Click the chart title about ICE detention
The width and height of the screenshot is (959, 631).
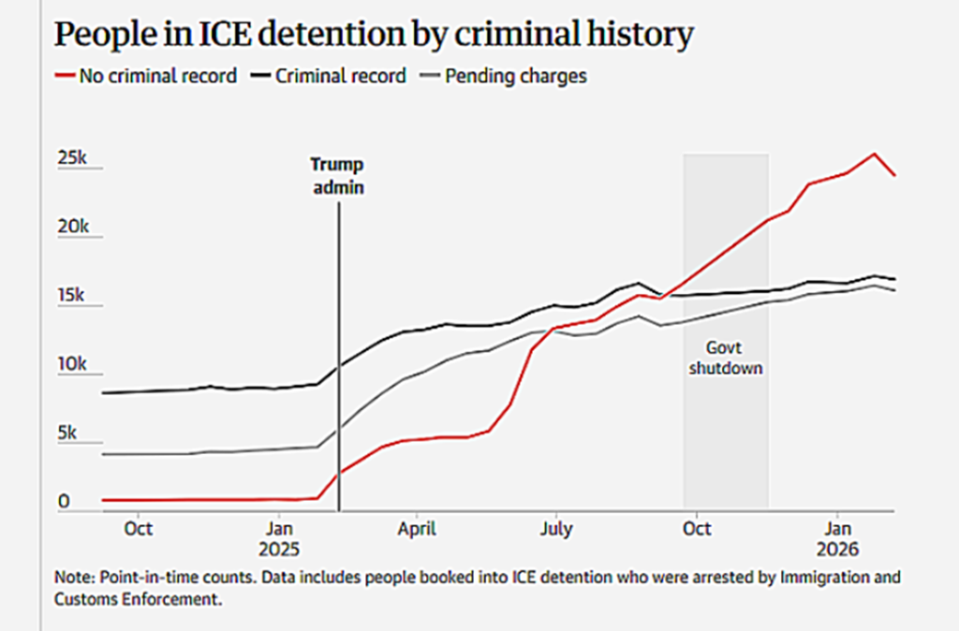pyautogui.click(x=374, y=35)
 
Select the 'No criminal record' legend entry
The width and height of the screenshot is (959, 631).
pyautogui.click(x=157, y=76)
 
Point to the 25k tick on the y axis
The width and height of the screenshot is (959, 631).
pyautogui.click(x=72, y=159)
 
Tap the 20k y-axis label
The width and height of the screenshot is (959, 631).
pyautogui.click(x=72, y=227)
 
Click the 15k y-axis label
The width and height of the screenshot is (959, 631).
pyautogui.click(x=72, y=296)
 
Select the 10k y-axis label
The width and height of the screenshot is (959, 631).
pyautogui.click(x=72, y=364)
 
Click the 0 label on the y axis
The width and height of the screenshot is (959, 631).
pyautogui.click(x=64, y=502)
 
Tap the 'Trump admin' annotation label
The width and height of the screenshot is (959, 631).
pyautogui.click(x=337, y=175)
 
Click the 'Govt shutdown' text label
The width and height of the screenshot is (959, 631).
pyautogui.click(x=726, y=358)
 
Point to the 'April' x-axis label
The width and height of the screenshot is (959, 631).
pyautogui.click(x=417, y=529)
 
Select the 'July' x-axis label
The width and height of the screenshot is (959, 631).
pyautogui.click(x=556, y=529)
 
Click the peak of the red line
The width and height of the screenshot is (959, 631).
pyautogui.click(x=875, y=154)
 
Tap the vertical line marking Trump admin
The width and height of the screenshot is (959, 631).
pyautogui.click(x=338, y=356)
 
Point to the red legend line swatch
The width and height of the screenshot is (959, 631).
pyautogui.click(x=65, y=76)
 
